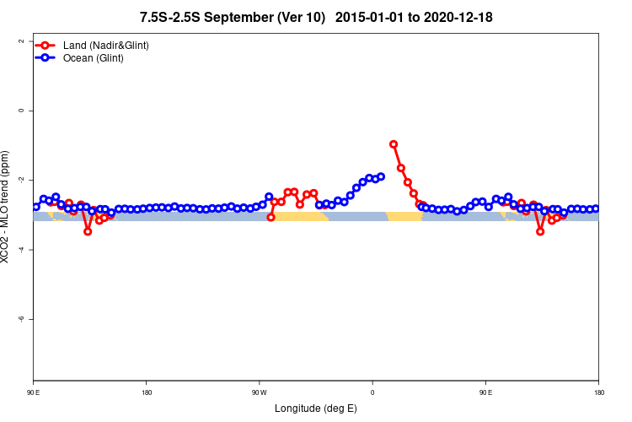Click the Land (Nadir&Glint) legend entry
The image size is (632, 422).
point(105,45)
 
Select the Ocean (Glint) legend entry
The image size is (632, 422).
point(94,58)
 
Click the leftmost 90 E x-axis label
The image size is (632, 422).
point(34,392)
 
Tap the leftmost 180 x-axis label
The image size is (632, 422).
point(147,392)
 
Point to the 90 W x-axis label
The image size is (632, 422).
point(260,392)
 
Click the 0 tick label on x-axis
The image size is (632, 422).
point(372,392)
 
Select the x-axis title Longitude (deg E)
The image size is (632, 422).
point(315,408)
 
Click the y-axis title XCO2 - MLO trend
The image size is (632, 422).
point(8,207)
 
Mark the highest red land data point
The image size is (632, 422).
point(394,144)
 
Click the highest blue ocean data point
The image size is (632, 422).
point(381,176)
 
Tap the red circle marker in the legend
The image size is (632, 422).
point(47,45)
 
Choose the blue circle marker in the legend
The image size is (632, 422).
point(47,58)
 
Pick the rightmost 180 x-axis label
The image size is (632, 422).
point(598,392)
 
